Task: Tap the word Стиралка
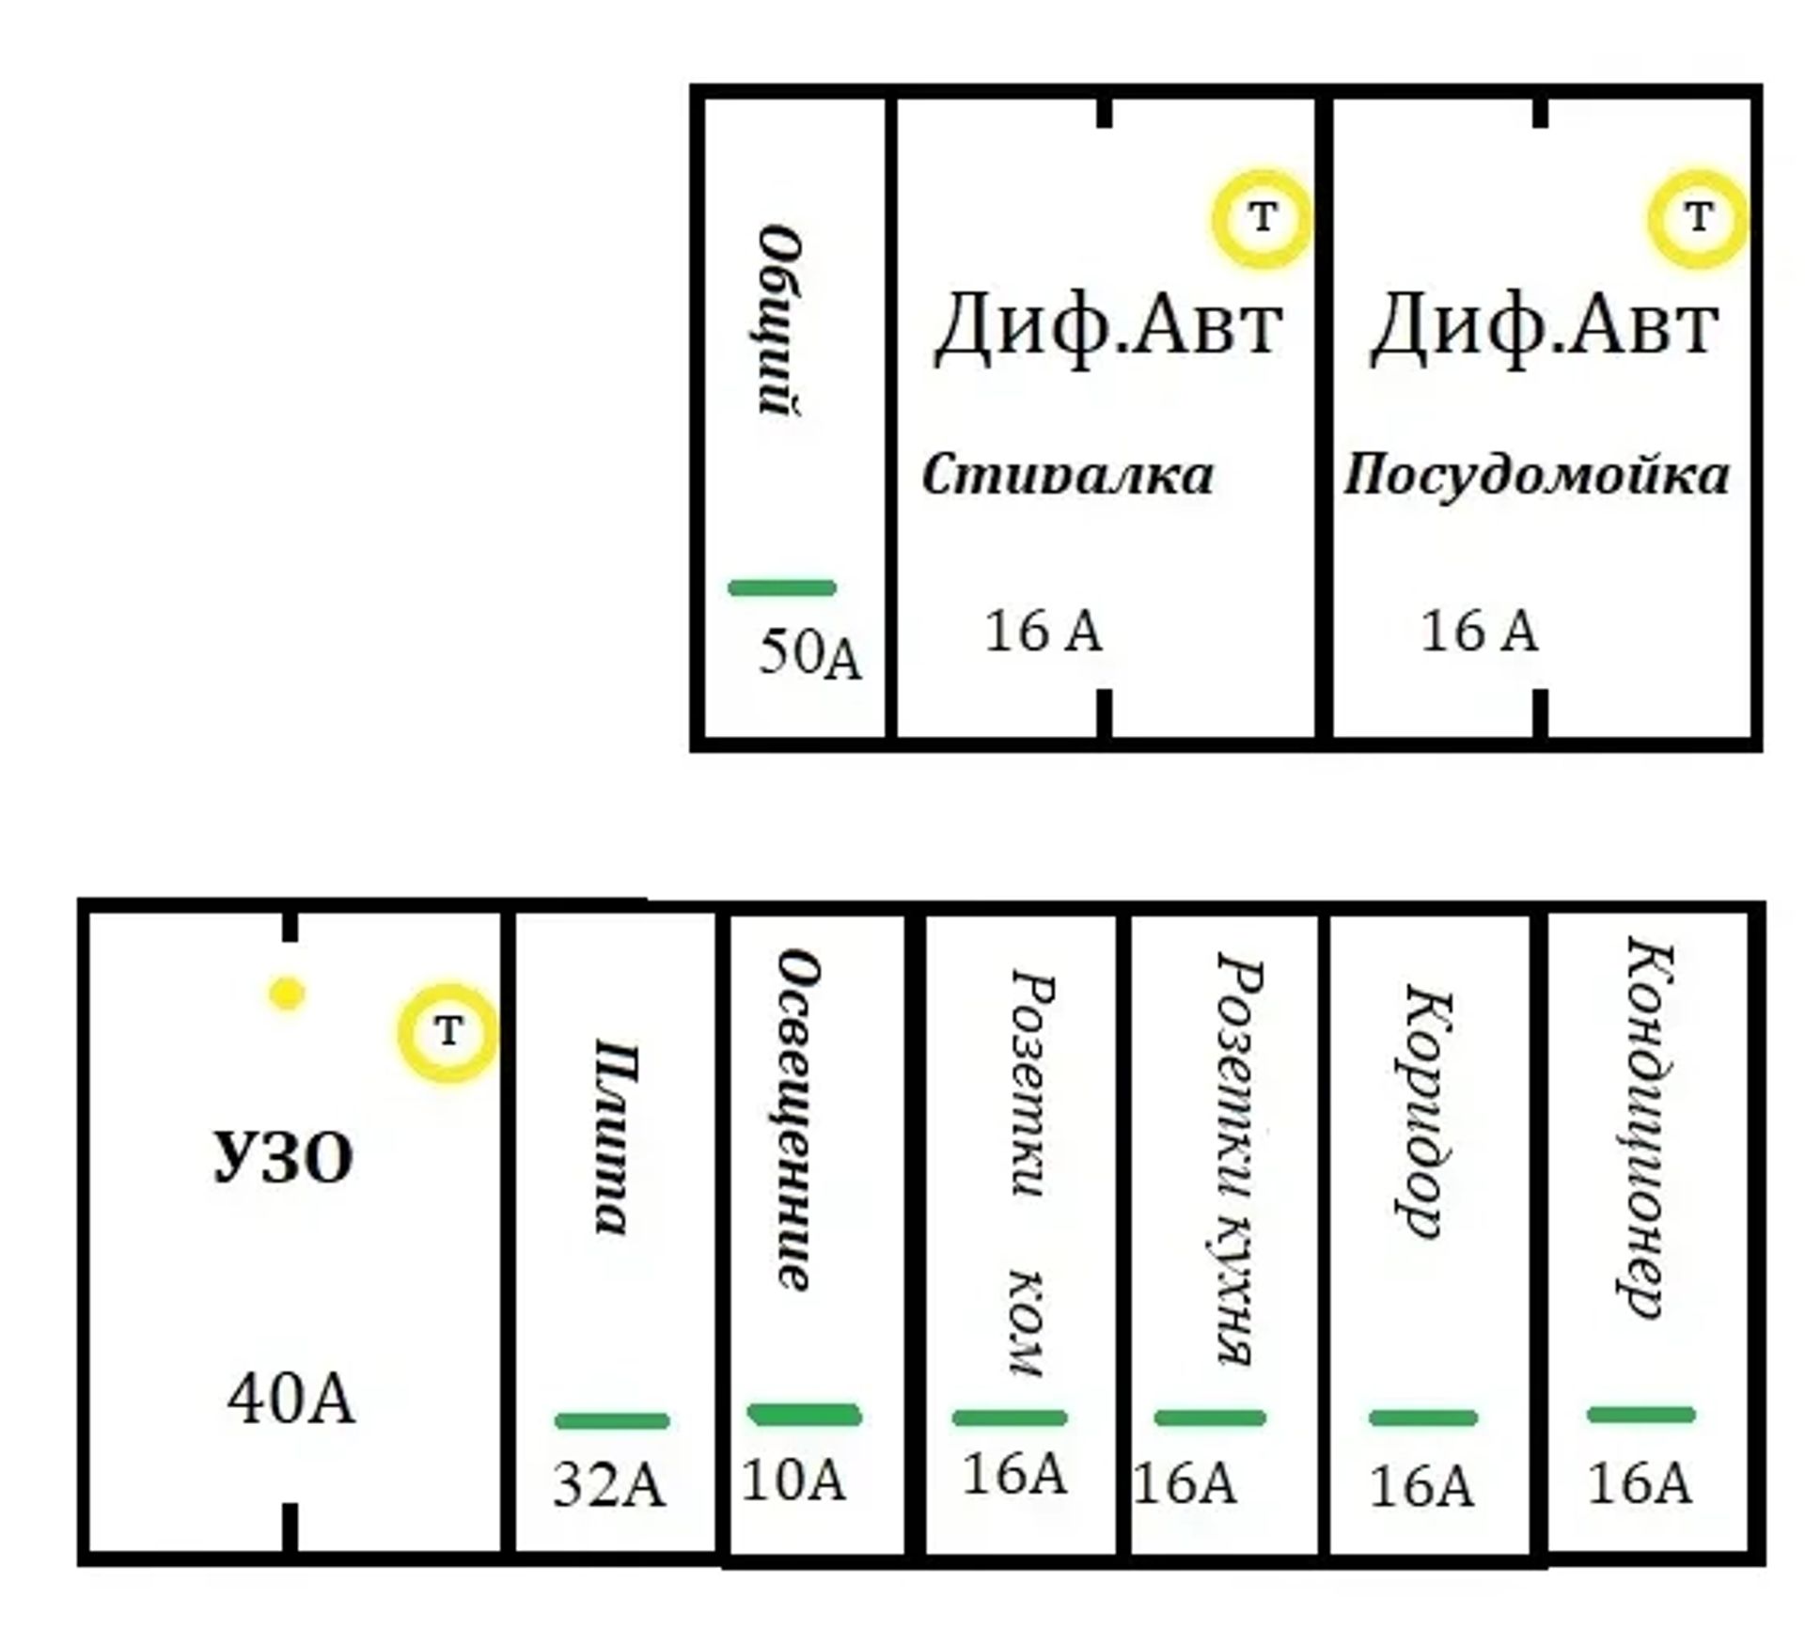[1067, 475]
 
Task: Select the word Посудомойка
[1536, 475]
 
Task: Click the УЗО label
[284, 1157]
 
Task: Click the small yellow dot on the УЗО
[287, 994]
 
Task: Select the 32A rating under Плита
[608, 1486]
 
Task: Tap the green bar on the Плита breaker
[612, 1420]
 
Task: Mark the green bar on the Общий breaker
[782, 588]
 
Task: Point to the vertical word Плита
[610, 1136]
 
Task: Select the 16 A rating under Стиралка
[1043, 631]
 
